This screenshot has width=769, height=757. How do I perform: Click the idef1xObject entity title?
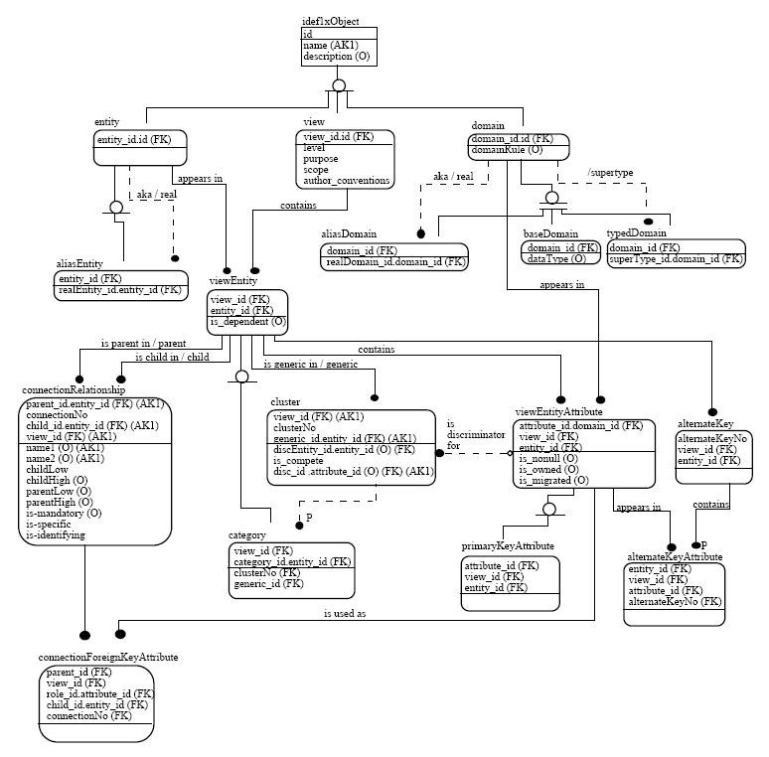click(x=330, y=21)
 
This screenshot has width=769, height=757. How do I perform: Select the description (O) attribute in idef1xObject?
click(x=336, y=57)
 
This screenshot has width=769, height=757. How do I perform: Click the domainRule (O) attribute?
click(x=509, y=150)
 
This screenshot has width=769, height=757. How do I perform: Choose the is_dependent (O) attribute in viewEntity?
click(x=247, y=321)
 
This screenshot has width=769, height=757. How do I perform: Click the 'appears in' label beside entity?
click(x=200, y=180)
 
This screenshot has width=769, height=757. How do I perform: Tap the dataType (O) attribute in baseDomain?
click(x=556, y=258)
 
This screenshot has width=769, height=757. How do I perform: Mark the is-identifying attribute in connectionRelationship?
click(x=56, y=534)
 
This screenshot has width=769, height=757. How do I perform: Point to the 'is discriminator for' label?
click(x=460, y=434)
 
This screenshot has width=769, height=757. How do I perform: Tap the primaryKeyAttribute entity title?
click(x=508, y=546)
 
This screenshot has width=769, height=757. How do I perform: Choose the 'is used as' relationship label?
click(x=345, y=613)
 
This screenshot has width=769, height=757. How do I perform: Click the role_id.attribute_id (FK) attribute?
click(x=99, y=693)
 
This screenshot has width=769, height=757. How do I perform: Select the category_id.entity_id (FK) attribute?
click(x=292, y=561)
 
